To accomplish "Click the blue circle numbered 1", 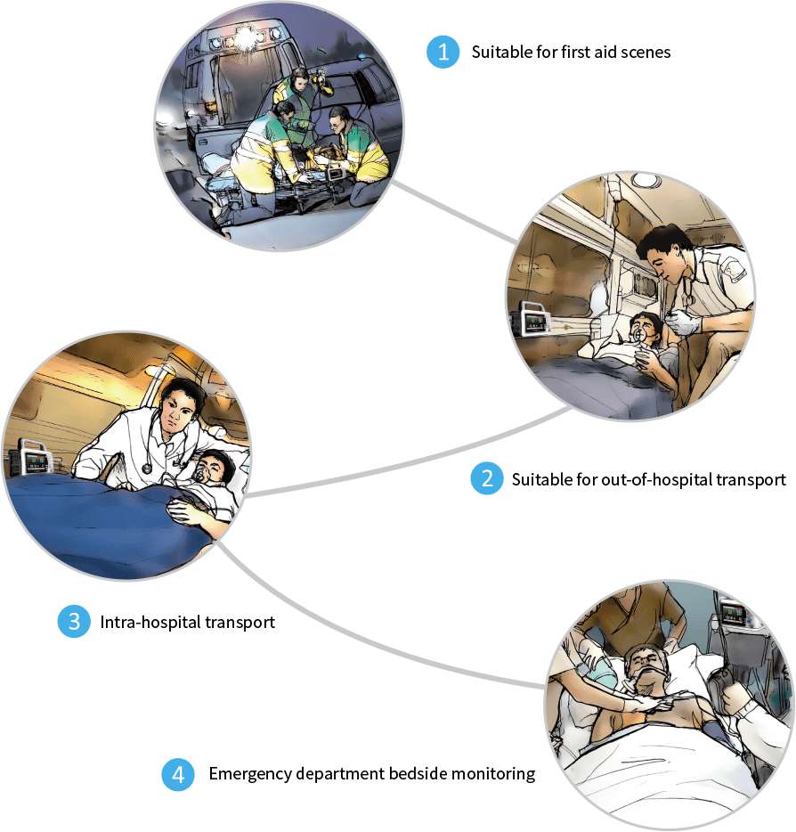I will click(441, 52).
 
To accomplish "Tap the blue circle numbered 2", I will click(485, 479).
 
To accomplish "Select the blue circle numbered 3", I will click(74, 622).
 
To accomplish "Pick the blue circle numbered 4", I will click(178, 774).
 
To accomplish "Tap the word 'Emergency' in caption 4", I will click(247, 774).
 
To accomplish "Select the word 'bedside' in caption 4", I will click(421, 774).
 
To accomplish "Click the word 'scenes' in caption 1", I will click(647, 52).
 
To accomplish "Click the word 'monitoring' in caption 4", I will click(495, 774).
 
